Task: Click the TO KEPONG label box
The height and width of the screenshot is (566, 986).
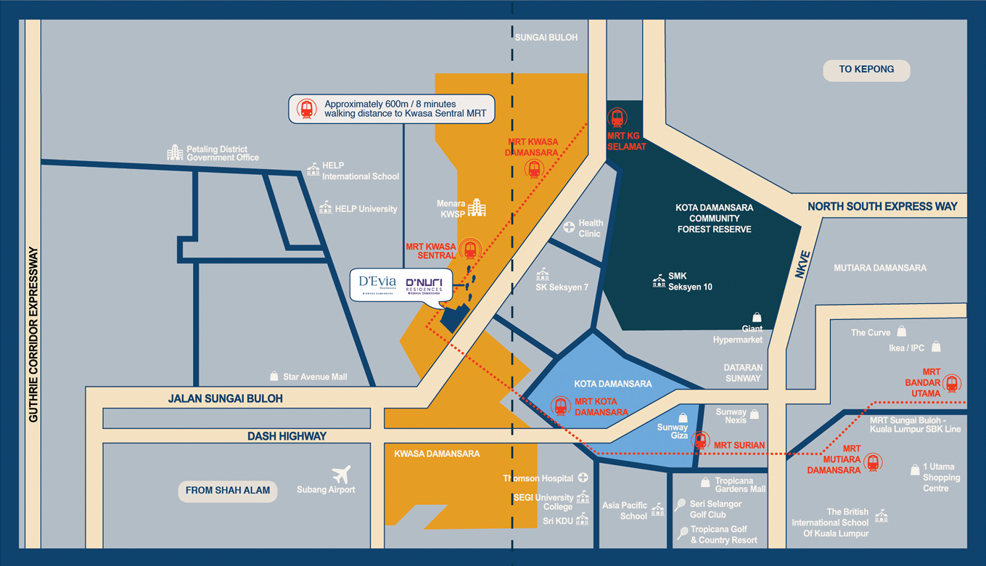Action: click(866, 70)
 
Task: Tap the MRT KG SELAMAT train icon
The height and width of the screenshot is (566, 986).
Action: click(617, 117)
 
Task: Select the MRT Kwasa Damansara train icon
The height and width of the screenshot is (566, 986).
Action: click(534, 169)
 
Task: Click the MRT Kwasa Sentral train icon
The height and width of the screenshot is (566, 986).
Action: click(470, 250)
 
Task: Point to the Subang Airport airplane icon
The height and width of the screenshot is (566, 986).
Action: click(342, 475)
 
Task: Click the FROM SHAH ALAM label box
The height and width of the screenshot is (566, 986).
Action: click(227, 491)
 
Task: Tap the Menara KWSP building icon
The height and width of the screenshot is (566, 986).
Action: click(477, 208)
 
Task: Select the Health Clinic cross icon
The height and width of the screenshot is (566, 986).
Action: click(570, 228)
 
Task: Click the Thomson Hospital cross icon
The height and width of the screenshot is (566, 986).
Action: click(583, 478)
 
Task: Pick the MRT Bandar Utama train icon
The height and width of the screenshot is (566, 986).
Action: click(952, 382)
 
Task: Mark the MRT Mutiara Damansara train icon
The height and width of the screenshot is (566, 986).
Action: click(873, 462)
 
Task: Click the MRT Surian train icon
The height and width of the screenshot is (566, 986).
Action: click(700, 440)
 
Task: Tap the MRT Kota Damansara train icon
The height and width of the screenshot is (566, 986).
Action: click(560, 406)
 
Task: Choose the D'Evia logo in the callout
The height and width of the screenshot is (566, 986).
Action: click(377, 283)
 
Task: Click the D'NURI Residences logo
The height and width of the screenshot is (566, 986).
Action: click(424, 285)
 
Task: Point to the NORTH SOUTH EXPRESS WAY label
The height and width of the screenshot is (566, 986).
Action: click(882, 207)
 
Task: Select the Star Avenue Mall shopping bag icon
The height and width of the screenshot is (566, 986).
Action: click(274, 377)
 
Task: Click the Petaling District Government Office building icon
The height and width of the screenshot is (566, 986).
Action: click(175, 152)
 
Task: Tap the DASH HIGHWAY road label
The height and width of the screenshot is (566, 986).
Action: click(287, 436)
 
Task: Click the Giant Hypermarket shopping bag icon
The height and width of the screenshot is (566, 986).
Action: click(757, 318)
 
